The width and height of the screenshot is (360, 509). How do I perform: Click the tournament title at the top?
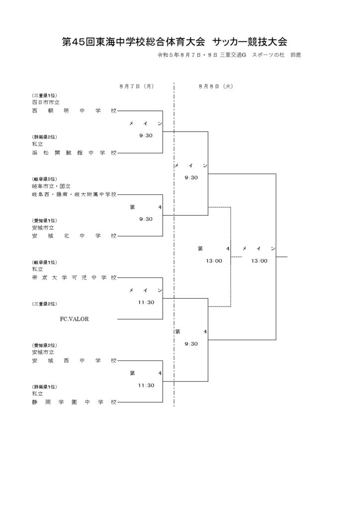tap(175, 42)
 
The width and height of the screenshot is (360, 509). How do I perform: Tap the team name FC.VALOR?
tap(75, 319)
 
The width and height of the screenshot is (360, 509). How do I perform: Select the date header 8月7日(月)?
tap(136, 86)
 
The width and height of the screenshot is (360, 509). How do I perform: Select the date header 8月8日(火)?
tap(216, 86)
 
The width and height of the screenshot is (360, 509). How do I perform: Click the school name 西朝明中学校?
tap(74, 111)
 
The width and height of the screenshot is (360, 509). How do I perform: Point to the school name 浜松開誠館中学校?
tap(74, 153)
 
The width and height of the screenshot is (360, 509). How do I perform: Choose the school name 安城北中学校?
tap(74, 236)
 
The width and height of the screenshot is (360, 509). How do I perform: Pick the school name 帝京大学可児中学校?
tap(74, 277)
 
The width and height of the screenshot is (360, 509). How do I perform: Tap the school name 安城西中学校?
tap(74, 361)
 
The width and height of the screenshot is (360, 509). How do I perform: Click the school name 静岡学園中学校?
tap(74, 402)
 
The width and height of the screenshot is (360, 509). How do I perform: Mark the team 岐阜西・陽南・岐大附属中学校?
tap(74, 194)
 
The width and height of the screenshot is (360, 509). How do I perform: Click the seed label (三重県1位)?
tap(44, 95)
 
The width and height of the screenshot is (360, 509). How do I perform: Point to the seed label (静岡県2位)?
tap(44, 137)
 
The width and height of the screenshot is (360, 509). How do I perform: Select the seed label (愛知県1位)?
tap(44, 221)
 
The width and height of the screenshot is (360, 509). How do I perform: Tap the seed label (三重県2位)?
tap(44, 304)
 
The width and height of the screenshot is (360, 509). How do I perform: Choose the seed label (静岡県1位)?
tap(44, 387)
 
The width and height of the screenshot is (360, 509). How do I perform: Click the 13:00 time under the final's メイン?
tap(260, 260)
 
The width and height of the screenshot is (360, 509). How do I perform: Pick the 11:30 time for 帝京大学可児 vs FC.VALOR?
tap(146, 302)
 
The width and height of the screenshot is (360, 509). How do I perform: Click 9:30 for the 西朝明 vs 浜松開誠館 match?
tap(146, 136)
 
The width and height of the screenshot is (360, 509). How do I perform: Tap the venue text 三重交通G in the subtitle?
tap(233, 55)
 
